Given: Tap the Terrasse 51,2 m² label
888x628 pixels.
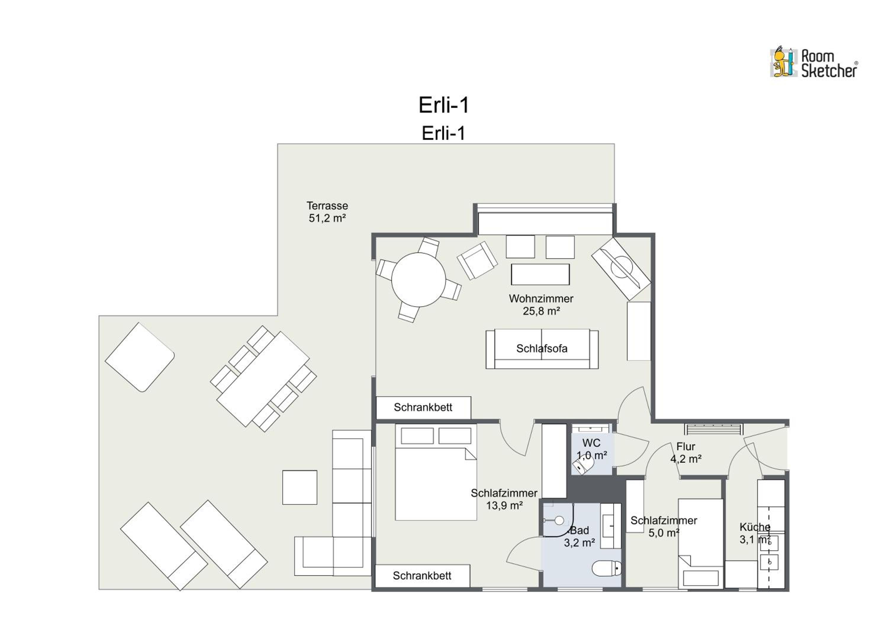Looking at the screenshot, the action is pos(327,212).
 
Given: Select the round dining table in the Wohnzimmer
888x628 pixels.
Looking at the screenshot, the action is pos(419,279).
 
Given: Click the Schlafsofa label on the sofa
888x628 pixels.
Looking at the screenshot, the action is pos(542,348).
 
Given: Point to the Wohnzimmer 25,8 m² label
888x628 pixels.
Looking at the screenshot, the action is pos(541,305).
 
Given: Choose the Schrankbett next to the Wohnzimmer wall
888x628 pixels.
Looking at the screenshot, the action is pos(424,407).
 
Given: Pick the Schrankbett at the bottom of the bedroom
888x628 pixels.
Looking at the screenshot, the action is pos(422,576).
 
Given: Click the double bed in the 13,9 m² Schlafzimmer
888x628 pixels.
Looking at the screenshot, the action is pos(436,472).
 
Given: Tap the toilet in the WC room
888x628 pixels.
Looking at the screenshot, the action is pos(582,465).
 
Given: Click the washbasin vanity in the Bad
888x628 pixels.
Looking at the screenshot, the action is pos(611,526).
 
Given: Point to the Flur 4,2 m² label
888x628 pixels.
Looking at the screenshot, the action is pos(686,452).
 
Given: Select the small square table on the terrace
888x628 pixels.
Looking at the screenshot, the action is pos(300,488).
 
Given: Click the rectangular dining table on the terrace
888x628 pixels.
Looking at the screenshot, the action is pos(263,379).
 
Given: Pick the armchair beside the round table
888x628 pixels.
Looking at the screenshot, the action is pos(477,260).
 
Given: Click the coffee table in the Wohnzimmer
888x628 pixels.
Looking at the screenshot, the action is pos(540,274).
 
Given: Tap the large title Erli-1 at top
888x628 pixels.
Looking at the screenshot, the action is pos(444,105).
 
